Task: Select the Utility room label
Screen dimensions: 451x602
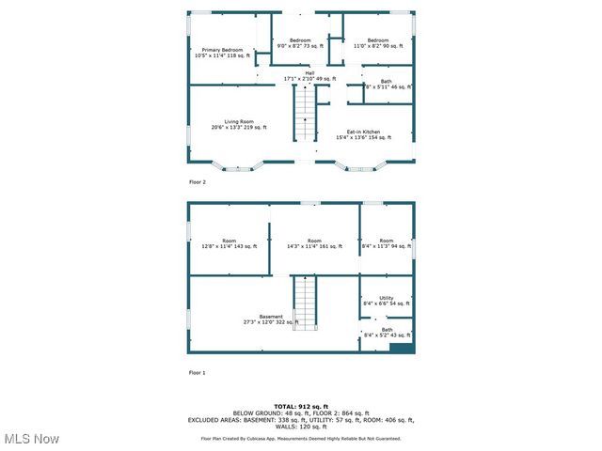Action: click(x=386, y=301)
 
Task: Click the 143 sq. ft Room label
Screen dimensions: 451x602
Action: click(x=229, y=243)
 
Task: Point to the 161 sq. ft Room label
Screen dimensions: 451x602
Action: click(x=314, y=243)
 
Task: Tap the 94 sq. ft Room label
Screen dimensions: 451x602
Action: click(x=386, y=243)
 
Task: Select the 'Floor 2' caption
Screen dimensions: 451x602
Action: click(x=198, y=182)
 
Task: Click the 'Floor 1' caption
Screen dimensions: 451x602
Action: click(x=198, y=373)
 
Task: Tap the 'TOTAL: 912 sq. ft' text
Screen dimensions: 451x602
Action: click(x=301, y=406)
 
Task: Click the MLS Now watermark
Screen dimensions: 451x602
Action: click(x=32, y=439)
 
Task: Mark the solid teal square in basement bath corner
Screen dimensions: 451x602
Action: click(x=402, y=348)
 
